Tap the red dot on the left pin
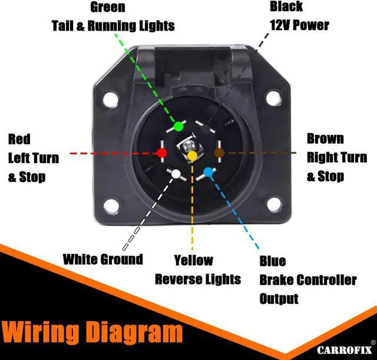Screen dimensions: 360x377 pos(161,153)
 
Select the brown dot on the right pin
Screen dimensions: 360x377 pos(219,153)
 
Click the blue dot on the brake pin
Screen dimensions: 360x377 pos(207,173)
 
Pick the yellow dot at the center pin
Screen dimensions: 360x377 pos(192,156)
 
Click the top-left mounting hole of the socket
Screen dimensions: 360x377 pos(110,99)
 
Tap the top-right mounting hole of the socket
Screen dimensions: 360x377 pos(273,98)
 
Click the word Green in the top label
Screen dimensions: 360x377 pos(108,8)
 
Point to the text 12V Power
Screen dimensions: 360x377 pos(299,25)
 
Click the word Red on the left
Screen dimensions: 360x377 pos(19,140)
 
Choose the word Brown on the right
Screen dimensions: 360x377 pos(325,139)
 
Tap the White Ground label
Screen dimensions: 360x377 pos(102,259)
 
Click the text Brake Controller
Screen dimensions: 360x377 pos(307,280)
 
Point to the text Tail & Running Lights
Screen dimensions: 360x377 pos(113,26)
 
